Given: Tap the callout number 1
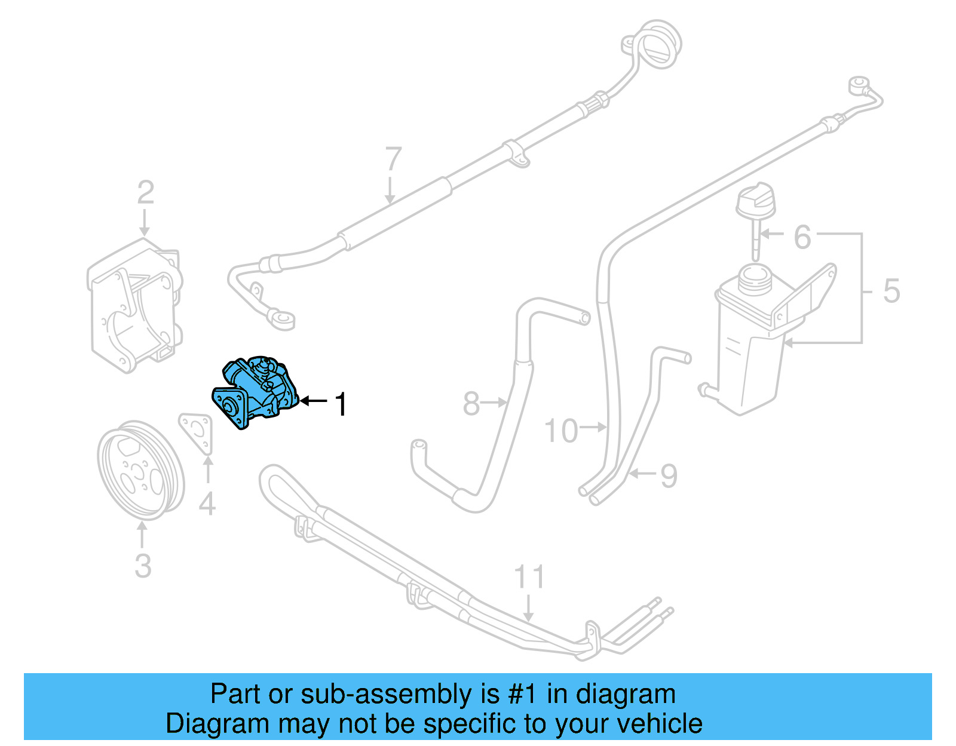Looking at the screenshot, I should tap(341, 404).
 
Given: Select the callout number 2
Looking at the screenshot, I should tap(145, 192).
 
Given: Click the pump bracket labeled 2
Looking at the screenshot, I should tap(134, 305).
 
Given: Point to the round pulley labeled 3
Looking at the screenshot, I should tap(141, 470).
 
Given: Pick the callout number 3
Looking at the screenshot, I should tap(143, 566).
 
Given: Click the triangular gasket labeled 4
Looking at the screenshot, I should tap(197, 433).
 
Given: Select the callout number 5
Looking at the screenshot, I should tap(891, 291).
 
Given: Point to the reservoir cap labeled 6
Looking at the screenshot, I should tap(755, 203).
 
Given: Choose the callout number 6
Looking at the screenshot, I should tap(802, 237).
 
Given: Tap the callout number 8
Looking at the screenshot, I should tap(471, 404).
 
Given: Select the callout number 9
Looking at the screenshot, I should tap(669, 475).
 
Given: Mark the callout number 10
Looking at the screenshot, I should tap(561, 431).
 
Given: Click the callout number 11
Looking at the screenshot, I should tap(529, 577).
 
